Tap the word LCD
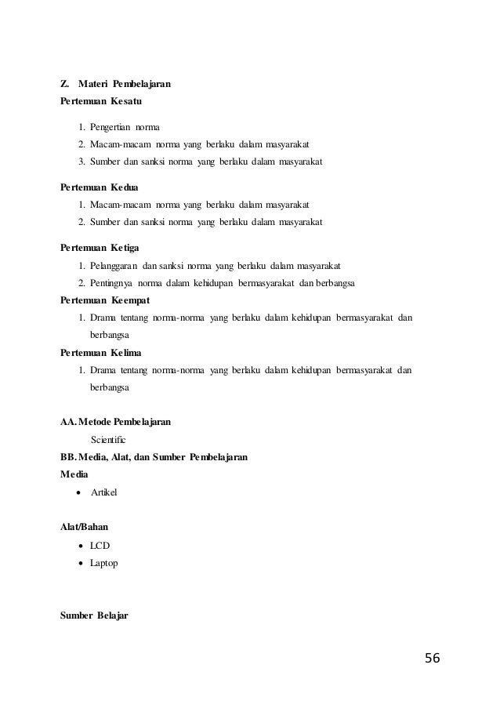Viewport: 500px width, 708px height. pyautogui.click(x=100, y=545)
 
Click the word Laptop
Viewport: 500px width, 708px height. pyautogui.click(x=104, y=562)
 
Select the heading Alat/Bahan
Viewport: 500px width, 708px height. pyautogui.click(x=85, y=528)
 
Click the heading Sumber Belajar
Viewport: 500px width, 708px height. pyautogui.click(x=95, y=615)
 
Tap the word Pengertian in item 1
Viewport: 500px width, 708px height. pyautogui.click(x=111, y=126)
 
